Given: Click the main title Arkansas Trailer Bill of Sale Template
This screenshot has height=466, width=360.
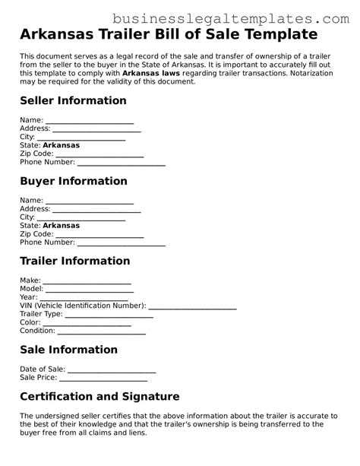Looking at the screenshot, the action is (168, 34).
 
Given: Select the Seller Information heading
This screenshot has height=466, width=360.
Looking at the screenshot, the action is (73, 101).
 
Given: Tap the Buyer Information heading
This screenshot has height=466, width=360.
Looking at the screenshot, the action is (73, 181).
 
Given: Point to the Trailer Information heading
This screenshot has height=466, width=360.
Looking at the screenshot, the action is (75, 261).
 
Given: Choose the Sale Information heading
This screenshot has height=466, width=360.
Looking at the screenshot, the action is (68, 350).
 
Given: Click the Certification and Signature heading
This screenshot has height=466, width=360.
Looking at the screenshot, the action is (99, 397).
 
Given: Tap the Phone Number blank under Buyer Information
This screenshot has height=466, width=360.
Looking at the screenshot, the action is (122, 244).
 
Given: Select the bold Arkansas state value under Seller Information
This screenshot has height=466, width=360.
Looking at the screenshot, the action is (61, 145).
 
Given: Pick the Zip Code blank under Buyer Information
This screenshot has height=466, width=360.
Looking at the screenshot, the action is (99, 236).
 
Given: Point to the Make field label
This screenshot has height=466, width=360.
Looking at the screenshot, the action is (30, 281).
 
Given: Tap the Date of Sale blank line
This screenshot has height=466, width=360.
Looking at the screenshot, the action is (112, 370).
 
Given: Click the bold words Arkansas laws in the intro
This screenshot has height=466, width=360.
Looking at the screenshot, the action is (168, 74).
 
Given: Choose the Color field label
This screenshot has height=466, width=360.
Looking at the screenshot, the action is (30, 322).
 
